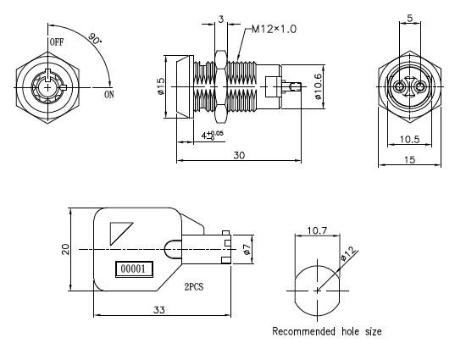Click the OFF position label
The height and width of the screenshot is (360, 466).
[57, 42]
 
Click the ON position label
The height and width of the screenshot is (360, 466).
[109, 95]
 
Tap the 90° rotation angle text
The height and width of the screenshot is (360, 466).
[95, 39]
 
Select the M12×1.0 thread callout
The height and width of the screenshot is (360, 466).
[274, 29]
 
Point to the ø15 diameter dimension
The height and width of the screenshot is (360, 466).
[160, 86]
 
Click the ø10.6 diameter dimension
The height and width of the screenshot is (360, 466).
[318, 86]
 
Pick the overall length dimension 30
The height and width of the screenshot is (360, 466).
[239, 155]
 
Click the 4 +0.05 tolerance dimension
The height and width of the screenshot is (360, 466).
[212, 136]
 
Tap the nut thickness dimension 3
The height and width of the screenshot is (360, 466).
[221, 19]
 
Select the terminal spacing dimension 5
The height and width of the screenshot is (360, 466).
[410, 18]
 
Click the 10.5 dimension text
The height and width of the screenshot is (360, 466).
[409, 139]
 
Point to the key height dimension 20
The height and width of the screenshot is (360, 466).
[65, 249]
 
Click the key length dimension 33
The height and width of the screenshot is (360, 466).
[159, 310]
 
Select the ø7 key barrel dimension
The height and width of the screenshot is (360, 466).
[246, 249]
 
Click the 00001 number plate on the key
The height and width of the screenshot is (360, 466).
[134, 269]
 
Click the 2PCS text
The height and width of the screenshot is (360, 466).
[194, 287]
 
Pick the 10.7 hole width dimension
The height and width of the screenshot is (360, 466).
[317, 230]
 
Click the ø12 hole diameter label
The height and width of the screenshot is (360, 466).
[348, 253]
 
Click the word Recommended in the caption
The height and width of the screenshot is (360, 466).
[303, 331]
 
